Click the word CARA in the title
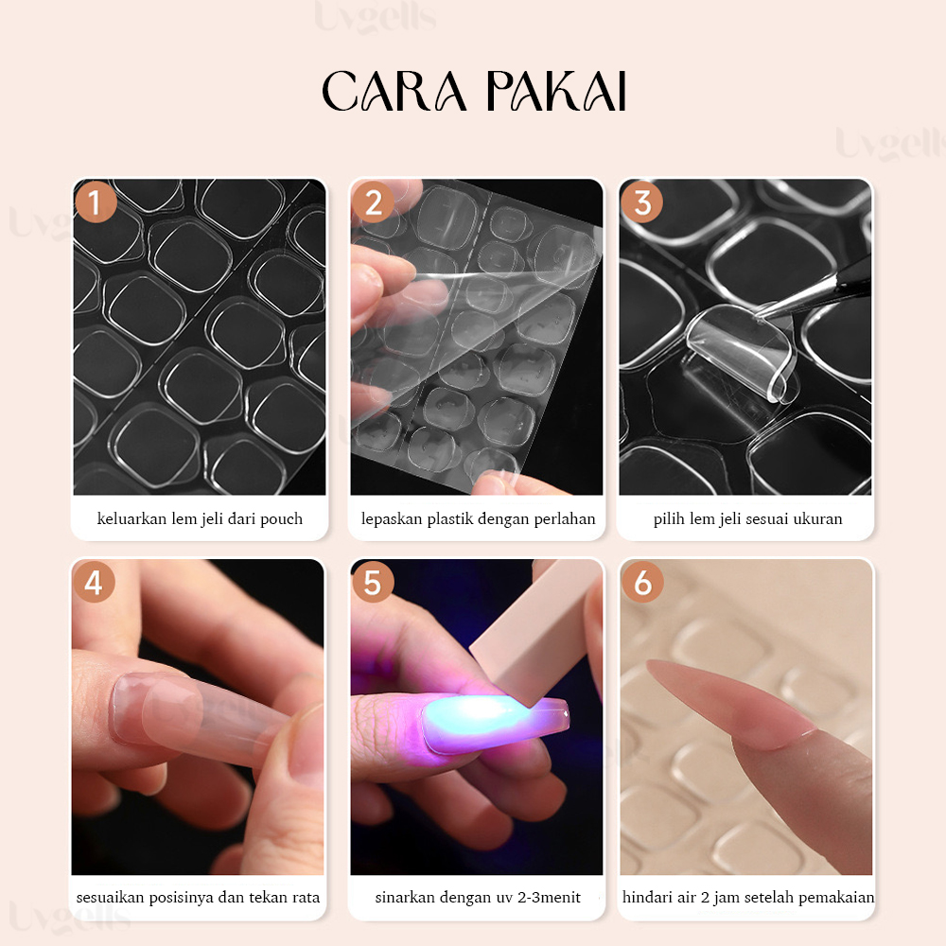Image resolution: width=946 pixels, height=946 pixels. tap(394, 91)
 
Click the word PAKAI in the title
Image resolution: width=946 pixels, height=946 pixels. tap(556, 91)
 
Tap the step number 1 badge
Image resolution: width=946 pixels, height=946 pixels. tap(96, 202)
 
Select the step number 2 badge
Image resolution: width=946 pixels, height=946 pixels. tap(373, 202)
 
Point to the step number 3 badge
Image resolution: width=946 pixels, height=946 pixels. tap(642, 202)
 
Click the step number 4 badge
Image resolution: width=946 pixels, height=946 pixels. tap(94, 582)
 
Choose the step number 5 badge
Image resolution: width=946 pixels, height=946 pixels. tap(373, 582)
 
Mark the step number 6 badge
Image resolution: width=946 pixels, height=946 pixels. tap(642, 582)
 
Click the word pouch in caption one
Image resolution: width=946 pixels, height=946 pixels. tap(281, 519)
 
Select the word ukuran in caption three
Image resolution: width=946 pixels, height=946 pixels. tap(817, 518)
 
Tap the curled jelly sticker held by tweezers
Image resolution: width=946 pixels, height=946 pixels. tap(741, 351)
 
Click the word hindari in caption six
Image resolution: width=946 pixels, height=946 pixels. tap(647, 897)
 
